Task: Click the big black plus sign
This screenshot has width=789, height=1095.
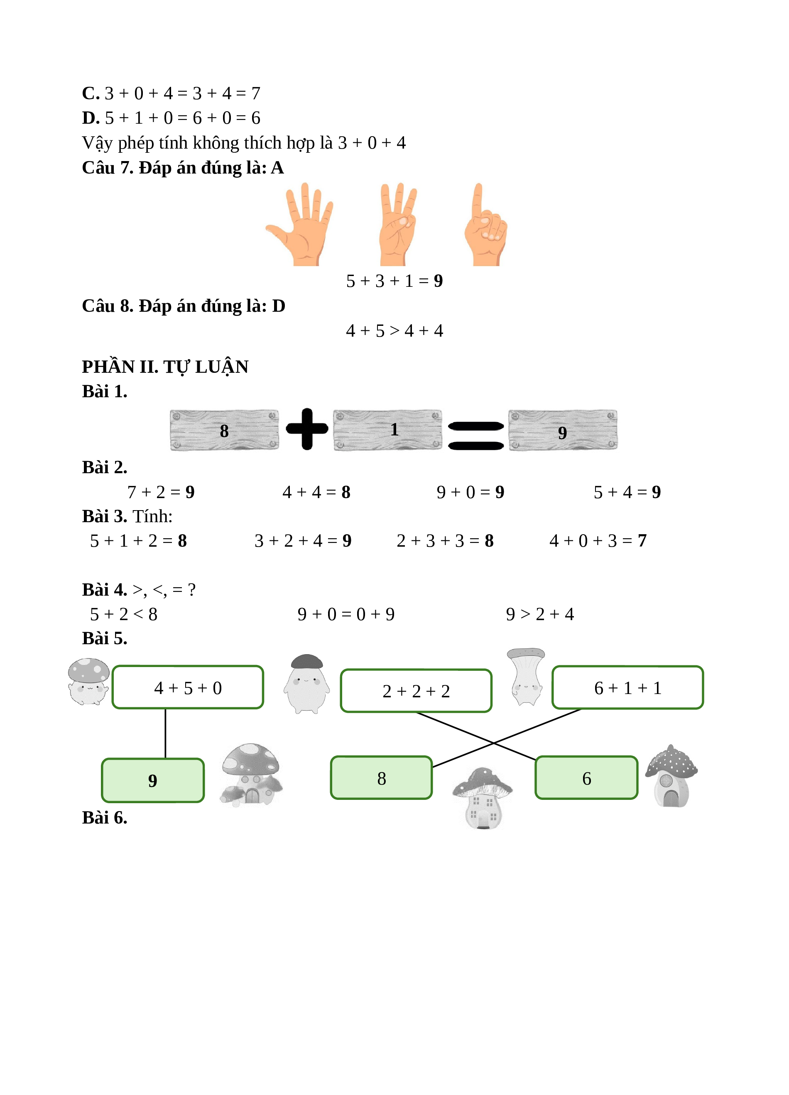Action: coord(307,429)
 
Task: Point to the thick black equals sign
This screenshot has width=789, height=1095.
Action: coord(475,435)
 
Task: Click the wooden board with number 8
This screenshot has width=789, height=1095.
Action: coord(225,430)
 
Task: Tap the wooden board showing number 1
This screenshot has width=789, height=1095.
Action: coord(388,430)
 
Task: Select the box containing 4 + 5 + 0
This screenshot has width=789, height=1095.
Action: coord(188,687)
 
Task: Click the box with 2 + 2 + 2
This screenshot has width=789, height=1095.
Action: coord(416,690)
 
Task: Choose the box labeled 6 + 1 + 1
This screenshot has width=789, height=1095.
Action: coord(628,687)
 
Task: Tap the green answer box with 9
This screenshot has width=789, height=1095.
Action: coord(152,780)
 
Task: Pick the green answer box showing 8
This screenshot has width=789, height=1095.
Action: coord(382,778)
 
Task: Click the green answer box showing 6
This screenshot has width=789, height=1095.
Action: coord(587,778)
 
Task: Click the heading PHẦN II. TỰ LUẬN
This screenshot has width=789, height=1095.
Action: coord(165,367)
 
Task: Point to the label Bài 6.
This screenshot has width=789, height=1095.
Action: coord(105,817)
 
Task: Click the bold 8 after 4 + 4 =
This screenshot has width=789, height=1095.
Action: coord(346,492)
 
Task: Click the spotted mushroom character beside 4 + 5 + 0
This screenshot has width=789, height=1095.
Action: coord(88,681)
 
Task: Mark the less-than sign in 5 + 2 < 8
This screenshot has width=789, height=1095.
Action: coord(138,614)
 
